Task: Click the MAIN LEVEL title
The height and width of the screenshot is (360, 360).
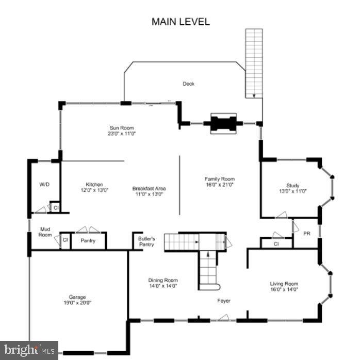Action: (181, 22)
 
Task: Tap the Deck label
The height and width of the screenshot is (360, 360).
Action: (188, 84)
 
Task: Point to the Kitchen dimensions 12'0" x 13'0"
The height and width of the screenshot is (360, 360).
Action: (94, 190)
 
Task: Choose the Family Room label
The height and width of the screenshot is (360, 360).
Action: (219, 179)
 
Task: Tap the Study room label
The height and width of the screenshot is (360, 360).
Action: (292, 186)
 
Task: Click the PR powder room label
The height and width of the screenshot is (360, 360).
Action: (306, 234)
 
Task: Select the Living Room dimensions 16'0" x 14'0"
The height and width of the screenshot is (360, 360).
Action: (284, 289)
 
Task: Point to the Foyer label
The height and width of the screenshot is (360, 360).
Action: (223, 301)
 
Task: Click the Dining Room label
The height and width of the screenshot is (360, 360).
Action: (163, 281)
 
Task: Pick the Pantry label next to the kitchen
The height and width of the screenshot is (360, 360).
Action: (88, 241)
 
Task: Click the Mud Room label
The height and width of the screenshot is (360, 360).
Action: (45, 232)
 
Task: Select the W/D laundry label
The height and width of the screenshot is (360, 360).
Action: (44, 184)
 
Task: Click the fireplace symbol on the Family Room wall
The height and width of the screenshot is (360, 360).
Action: (223, 123)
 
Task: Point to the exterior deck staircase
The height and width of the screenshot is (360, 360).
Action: (253, 62)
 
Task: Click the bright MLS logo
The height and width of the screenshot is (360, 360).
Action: (29, 350)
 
